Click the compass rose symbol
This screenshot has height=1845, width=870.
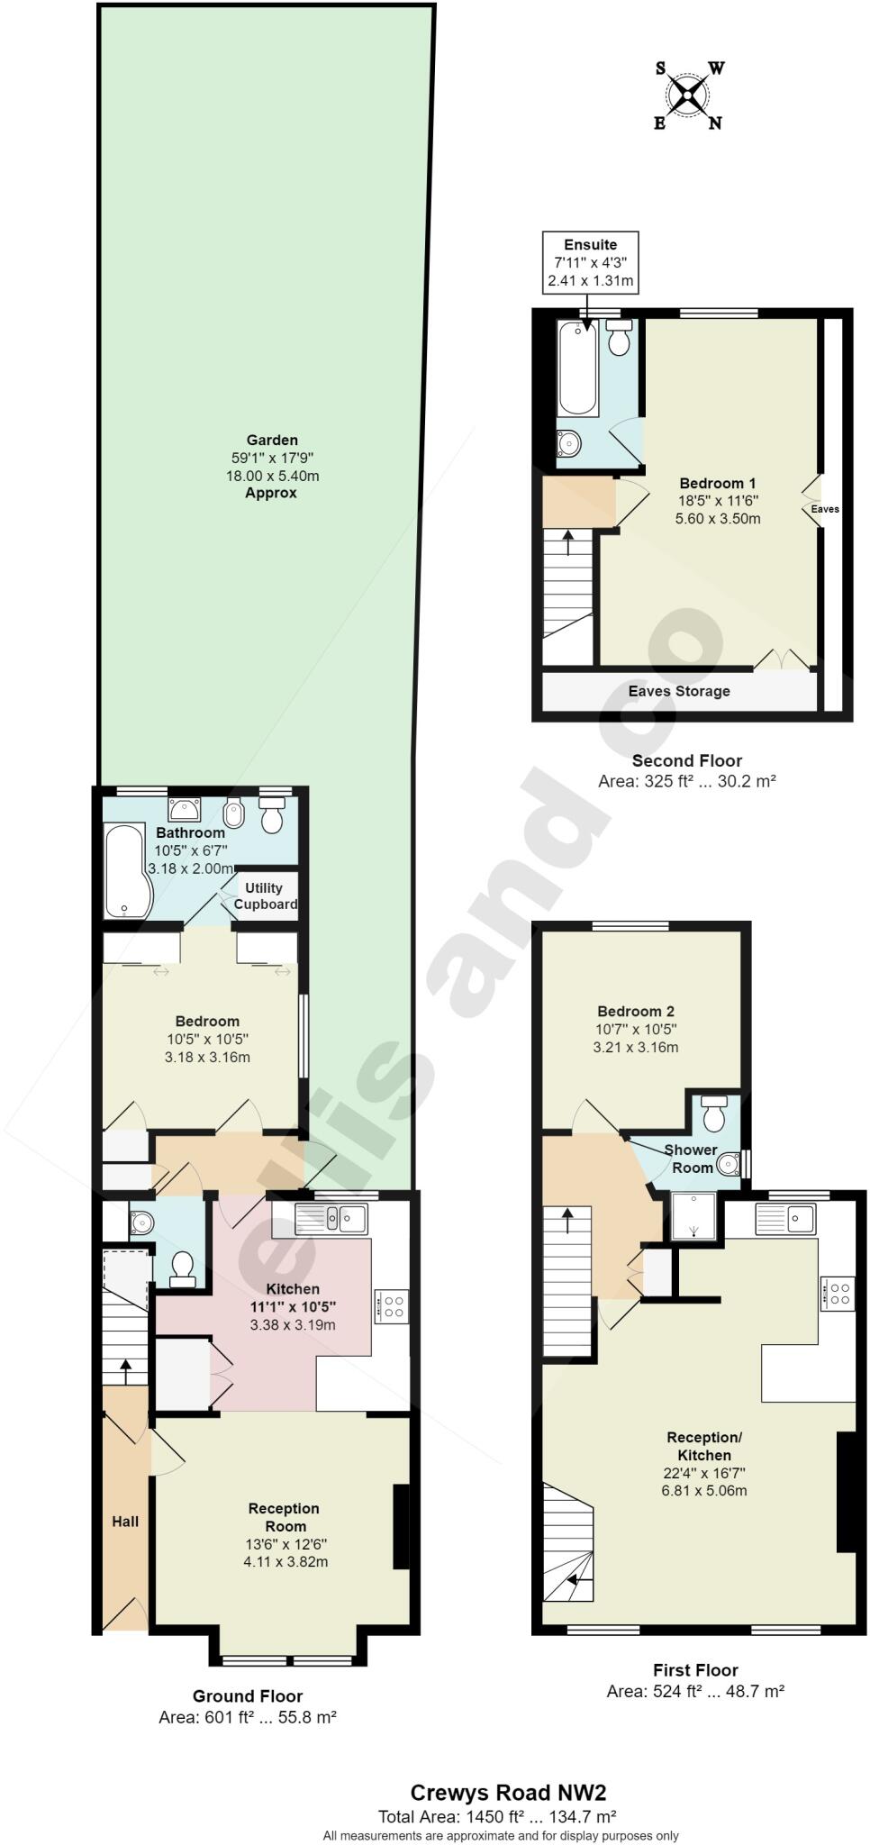pos(689,95)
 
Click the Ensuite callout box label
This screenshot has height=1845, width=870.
pos(590,244)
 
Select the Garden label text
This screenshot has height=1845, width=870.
pos(272,441)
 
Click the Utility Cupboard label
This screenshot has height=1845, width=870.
pos(265,895)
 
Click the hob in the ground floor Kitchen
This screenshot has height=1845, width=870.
pos(393,1305)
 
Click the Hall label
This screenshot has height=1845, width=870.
pos(125,1521)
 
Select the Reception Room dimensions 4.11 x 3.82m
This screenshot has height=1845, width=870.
pos(285,1561)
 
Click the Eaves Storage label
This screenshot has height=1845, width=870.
pos(679,691)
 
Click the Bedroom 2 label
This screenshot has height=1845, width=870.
pos(635,1011)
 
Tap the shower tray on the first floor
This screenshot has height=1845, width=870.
pos(693,1216)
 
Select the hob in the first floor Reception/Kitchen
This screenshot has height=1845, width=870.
pos(838,1294)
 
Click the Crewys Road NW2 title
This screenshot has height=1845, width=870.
pos(502,1793)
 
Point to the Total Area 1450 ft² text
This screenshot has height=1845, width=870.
pos(497,1816)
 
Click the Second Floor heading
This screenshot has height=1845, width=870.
pos(686,760)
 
